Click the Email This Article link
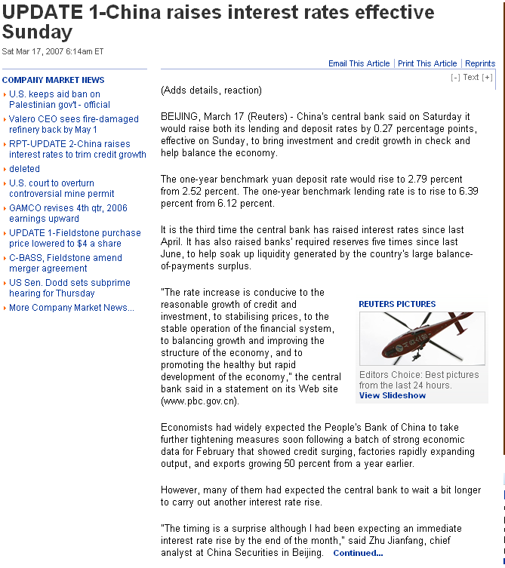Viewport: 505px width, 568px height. click(359, 63)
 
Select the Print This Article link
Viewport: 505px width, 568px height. click(427, 63)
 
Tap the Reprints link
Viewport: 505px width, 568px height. click(480, 63)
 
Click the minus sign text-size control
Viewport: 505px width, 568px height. click(455, 77)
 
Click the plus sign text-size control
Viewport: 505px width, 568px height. click(488, 77)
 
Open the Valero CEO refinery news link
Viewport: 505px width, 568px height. click(73, 124)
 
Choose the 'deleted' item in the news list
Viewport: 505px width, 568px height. click(24, 169)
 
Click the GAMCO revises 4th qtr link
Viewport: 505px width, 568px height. click(68, 213)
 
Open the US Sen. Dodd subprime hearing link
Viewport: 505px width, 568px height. click(69, 287)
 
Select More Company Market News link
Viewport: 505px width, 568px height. click(71, 308)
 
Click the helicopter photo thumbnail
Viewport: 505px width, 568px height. click(422, 339)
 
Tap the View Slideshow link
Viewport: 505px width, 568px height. click(393, 395)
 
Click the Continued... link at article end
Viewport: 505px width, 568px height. click(358, 553)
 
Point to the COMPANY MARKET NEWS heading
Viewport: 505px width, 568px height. click(53, 80)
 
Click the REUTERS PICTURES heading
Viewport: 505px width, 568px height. click(397, 304)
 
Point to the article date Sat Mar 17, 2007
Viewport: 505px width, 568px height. click(52, 51)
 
